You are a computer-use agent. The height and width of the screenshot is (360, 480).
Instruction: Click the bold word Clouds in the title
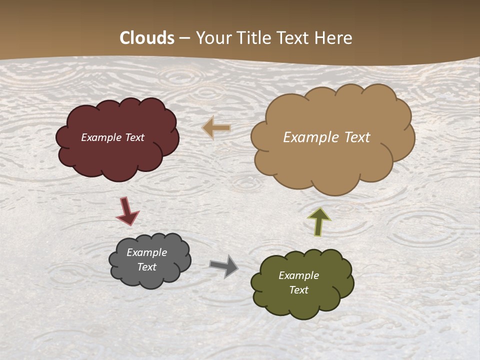click(147, 38)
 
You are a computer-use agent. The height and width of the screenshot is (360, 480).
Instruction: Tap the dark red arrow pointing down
click(127, 211)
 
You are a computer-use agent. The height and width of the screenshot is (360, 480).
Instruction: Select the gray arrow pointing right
click(224, 265)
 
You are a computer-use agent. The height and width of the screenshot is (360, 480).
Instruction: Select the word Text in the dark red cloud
click(135, 137)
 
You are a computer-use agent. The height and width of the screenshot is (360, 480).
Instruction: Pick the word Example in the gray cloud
click(146, 252)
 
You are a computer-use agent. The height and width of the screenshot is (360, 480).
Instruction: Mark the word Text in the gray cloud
click(146, 267)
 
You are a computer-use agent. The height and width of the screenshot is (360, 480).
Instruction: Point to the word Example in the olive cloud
click(298, 275)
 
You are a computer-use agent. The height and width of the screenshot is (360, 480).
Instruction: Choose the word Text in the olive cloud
click(298, 290)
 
